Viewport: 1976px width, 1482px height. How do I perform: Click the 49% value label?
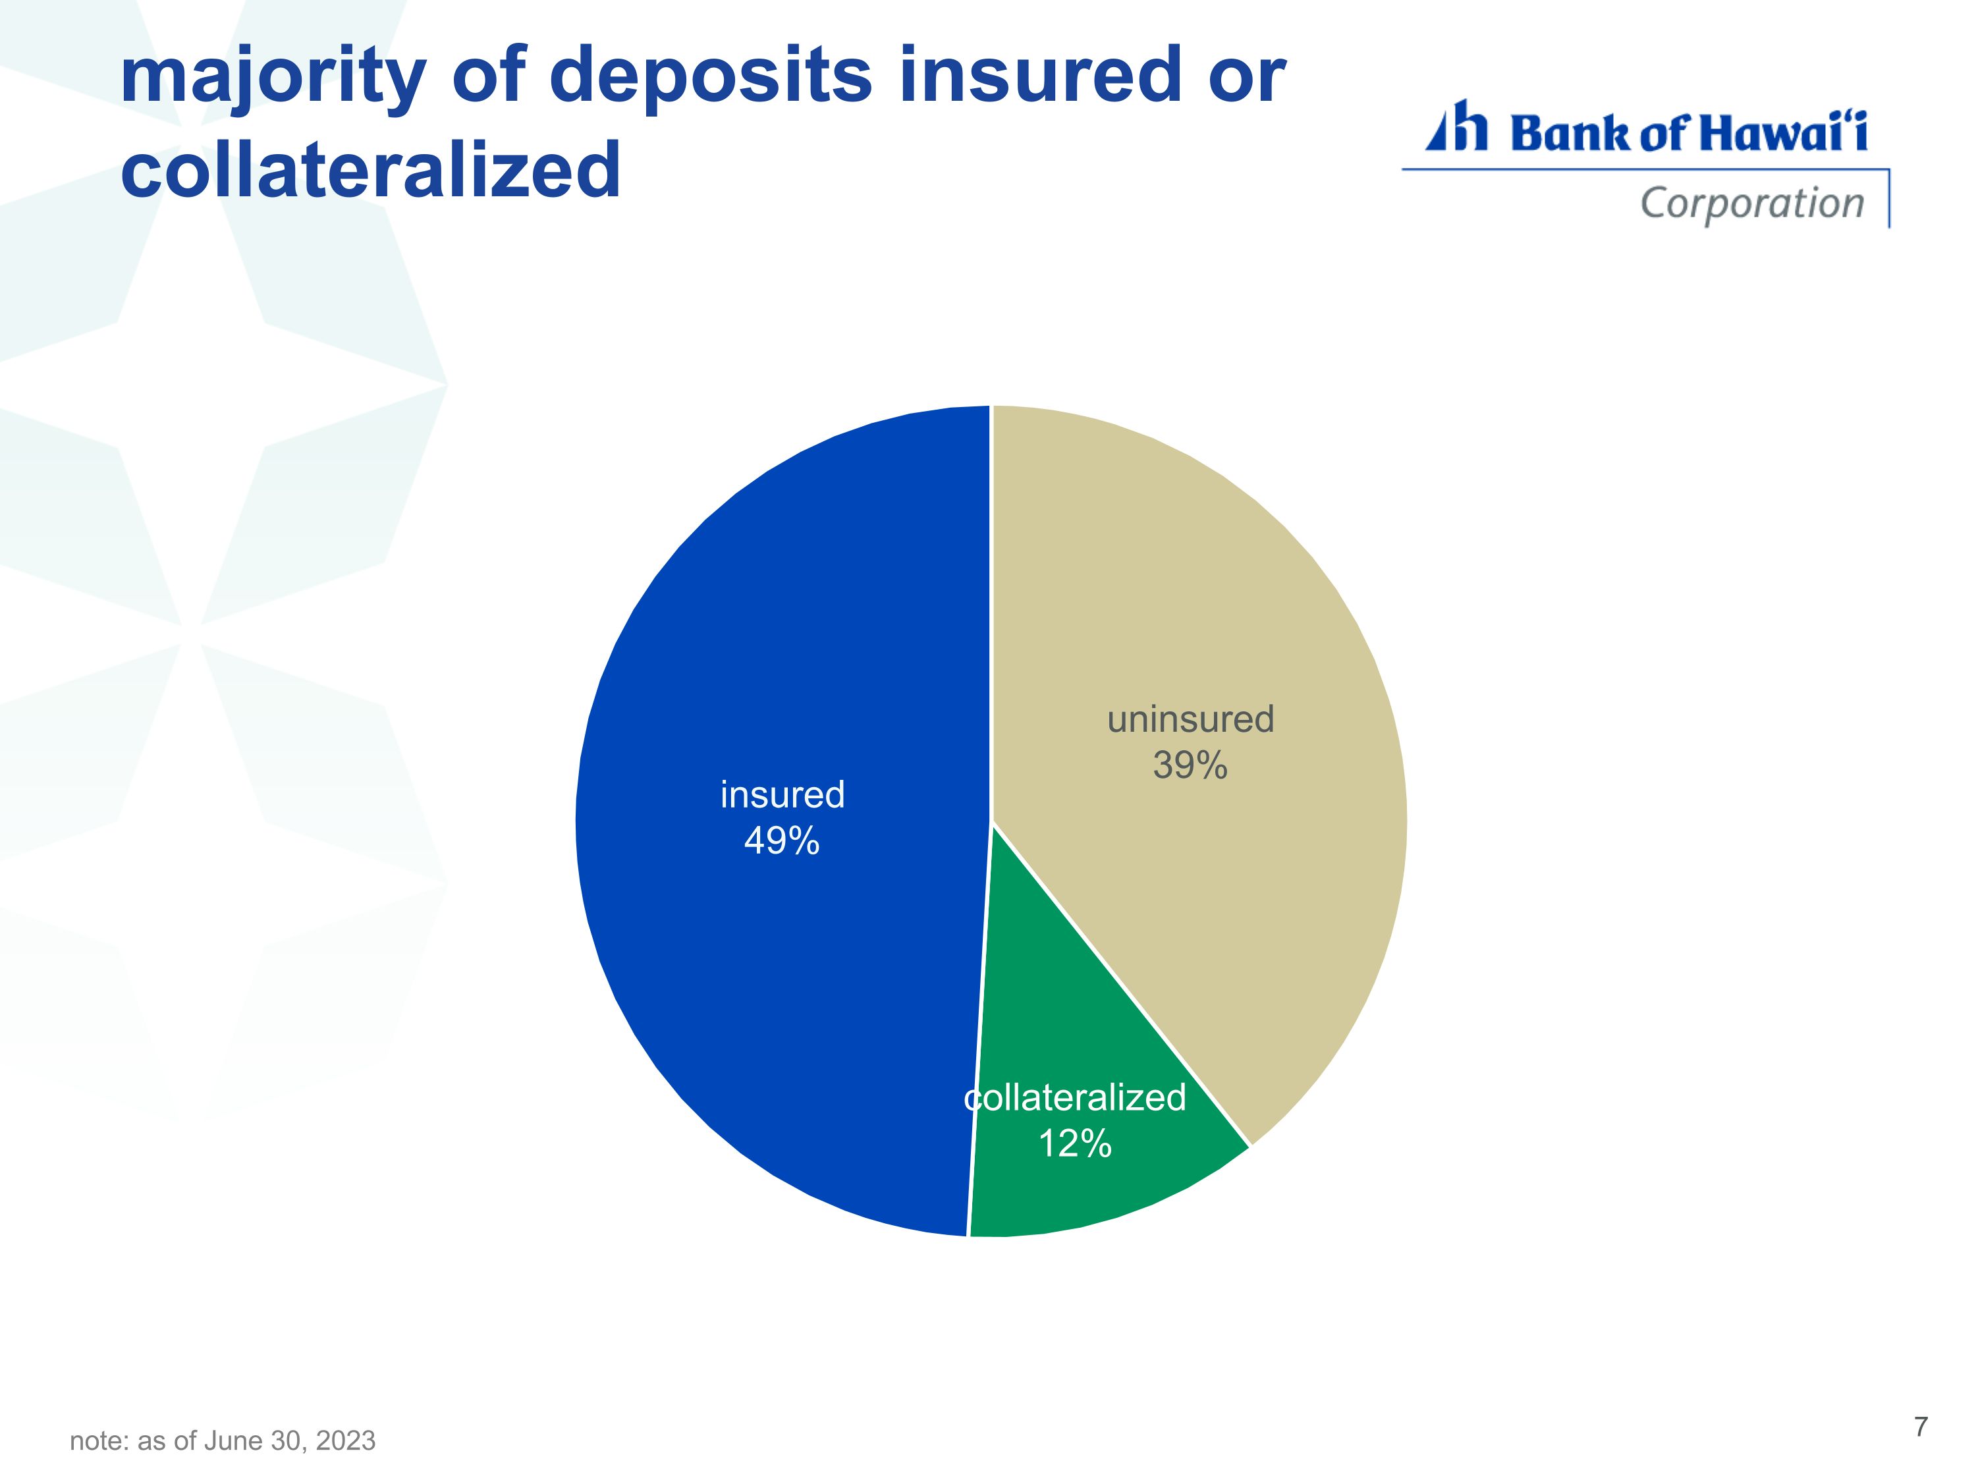tap(782, 840)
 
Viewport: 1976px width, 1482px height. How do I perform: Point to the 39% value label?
tap(1190, 765)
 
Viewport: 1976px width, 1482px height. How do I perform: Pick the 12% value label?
tap(1075, 1143)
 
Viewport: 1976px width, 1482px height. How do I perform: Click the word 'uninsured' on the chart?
tap(1190, 719)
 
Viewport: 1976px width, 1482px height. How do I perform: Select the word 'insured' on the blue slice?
tap(782, 795)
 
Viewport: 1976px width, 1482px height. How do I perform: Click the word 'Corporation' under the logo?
tap(1753, 204)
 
